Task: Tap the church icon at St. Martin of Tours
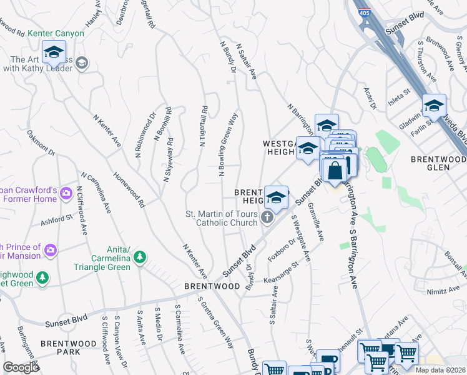click(x=267, y=217)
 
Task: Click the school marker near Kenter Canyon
click(x=54, y=52)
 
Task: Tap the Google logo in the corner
click(x=21, y=367)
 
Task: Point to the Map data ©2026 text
click(x=440, y=370)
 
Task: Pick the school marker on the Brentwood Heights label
click(x=275, y=196)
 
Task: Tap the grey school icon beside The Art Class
click(x=83, y=63)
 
